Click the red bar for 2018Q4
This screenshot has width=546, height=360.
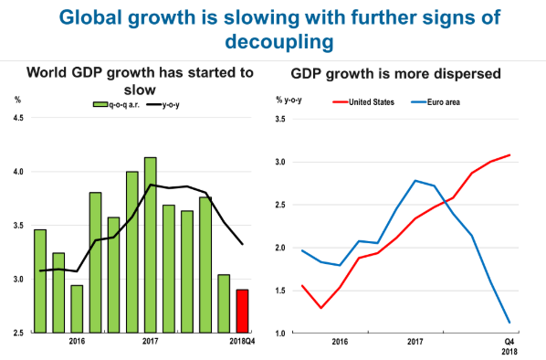[x=242, y=312]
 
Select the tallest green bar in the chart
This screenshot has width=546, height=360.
[x=151, y=245]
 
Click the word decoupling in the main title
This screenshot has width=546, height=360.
[x=279, y=41]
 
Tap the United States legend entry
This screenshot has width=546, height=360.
[x=363, y=102]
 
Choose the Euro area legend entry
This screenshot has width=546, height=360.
[x=436, y=102]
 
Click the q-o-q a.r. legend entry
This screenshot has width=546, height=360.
[x=116, y=104]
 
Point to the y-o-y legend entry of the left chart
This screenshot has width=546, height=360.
[x=163, y=104]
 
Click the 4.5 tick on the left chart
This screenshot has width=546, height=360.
[x=18, y=118]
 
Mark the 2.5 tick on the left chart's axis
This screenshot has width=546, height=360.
[x=18, y=334]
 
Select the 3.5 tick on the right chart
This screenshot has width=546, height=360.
[x=280, y=119]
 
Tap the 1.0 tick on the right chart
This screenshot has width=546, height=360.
[x=280, y=334]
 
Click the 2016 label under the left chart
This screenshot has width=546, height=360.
[x=77, y=341]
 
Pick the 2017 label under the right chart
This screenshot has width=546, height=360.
[x=415, y=341]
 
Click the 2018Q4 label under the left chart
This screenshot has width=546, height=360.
[x=242, y=341]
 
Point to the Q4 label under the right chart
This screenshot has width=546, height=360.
[x=509, y=342]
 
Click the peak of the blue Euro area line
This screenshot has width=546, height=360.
[x=415, y=181]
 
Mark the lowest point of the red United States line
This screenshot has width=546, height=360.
[x=321, y=308]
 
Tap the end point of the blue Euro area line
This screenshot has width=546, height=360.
[x=509, y=323]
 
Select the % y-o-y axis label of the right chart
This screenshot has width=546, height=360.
[x=289, y=101]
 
